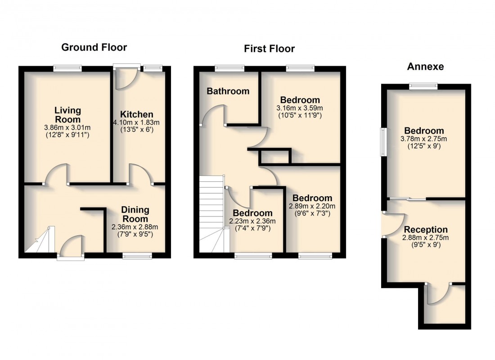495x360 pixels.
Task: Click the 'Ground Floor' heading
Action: (94, 47)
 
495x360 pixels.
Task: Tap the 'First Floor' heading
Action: (269, 49)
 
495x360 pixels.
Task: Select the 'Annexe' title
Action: (425, 67)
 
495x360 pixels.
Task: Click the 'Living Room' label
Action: (67, 115)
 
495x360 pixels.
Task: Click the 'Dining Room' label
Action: (135, 215)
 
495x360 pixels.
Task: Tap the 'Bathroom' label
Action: (228, 91)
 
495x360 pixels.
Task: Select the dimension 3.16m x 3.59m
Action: (300, 108)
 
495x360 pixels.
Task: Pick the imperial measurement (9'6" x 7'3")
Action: (312, 213)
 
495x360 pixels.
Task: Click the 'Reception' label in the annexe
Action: (426, 229)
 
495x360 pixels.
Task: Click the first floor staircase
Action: (211, 211)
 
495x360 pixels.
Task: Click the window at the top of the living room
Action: (67, 68)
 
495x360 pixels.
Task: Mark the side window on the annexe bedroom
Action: (384, 142)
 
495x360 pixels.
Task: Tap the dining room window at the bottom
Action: (137, 256)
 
